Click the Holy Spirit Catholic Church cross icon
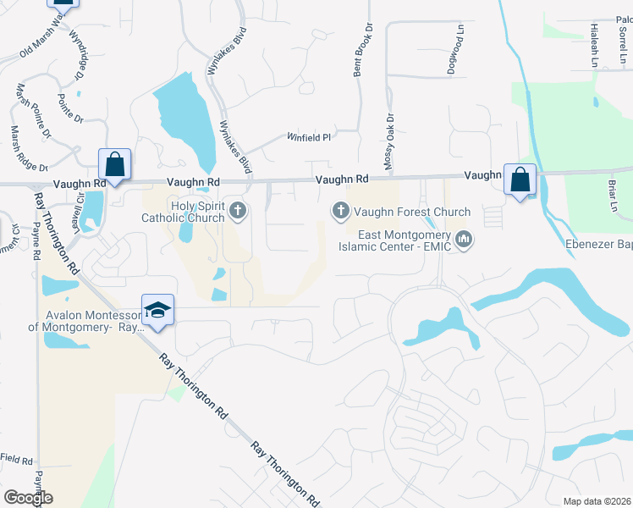tap(239, 210)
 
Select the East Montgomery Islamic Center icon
tap(463, 241)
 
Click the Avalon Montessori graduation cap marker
tap(158, 312)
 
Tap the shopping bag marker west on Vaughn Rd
tap(114, 164)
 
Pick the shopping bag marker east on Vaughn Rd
tap(520, 179)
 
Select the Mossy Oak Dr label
tap(390, 142)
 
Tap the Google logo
tap(29, 497)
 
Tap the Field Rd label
tap(16, 460)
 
